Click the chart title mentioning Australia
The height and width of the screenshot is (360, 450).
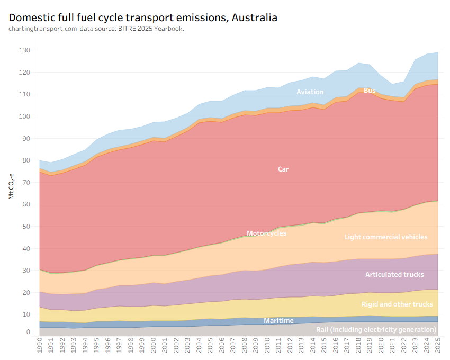143,17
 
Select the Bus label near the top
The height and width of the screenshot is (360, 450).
370,91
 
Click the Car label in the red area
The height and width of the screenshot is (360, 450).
283,169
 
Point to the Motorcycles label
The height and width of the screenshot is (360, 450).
266,233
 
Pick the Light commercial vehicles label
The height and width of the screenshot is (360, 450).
385,237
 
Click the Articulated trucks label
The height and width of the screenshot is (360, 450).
394,274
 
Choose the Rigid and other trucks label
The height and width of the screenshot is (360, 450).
397,304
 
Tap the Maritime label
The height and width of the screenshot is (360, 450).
278,321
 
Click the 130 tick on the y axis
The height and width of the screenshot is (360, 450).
25,50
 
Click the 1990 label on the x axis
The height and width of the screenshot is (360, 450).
40,348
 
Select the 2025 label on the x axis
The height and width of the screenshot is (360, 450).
437,348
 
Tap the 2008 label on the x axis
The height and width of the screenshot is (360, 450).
244,348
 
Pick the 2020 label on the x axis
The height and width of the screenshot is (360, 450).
380,348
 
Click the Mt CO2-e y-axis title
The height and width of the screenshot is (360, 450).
11,185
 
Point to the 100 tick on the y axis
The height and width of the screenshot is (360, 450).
25,116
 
